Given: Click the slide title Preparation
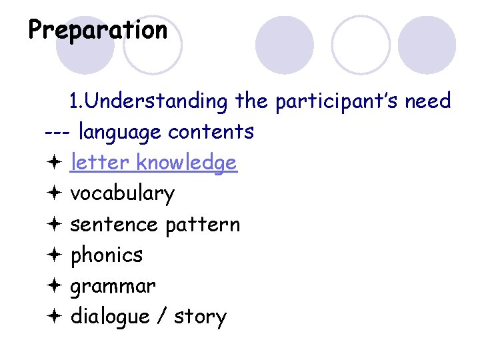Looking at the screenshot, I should [98, 30].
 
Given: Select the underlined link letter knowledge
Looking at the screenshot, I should [153, 163].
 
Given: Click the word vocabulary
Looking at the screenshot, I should [123, 193].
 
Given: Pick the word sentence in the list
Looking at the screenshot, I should [114, 224].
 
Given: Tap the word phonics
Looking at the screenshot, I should [107, 255].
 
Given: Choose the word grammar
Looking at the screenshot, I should [113, 286].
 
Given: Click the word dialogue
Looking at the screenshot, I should [110, 317].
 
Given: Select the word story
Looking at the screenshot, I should [200, 317].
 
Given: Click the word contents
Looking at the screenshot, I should [211, 132].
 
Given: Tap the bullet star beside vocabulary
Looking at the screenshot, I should [55, 193].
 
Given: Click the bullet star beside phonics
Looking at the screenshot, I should [55, 255].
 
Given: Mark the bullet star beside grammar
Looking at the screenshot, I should [55, 285].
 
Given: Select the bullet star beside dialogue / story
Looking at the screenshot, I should [55, 316].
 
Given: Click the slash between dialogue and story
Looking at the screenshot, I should [161, 317].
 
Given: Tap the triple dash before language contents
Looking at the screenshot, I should [58, 132].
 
